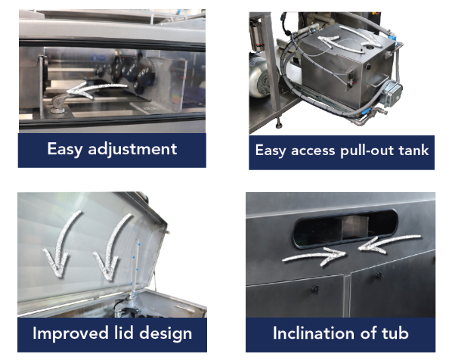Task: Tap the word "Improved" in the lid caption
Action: pos(67,333)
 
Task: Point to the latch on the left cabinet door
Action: pos(311,290)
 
